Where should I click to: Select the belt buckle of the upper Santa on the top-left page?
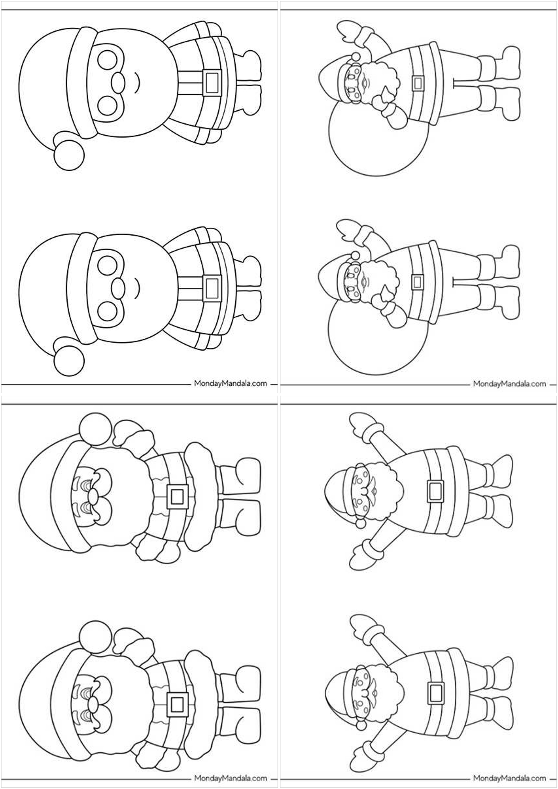point(212,83)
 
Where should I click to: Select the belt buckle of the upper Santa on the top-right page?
point(418,83)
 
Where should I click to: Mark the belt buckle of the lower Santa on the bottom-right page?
point(435,693)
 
